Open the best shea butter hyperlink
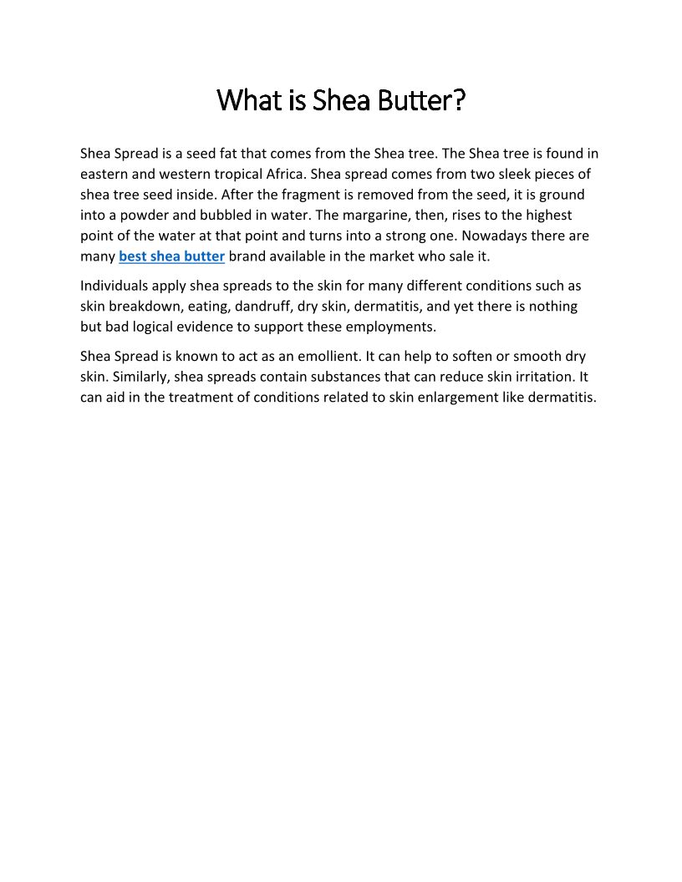pos(171,256)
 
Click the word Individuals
pos(114,286)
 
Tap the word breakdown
pos(143,306)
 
